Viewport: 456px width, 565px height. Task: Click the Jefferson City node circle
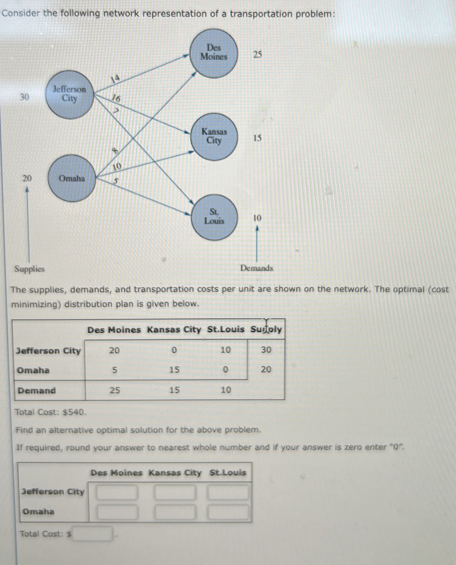click(70, 94)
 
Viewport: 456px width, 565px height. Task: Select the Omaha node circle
click(72, 178)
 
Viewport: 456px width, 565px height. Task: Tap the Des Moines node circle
click(214, 53)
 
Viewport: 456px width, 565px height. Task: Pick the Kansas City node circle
click(214, 137)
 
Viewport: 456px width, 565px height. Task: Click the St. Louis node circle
click(214, 217)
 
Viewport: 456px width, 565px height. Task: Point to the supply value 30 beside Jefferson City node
click(24, 97)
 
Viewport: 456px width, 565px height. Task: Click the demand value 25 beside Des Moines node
click(257, 55)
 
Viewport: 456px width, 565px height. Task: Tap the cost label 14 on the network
click(115, 79)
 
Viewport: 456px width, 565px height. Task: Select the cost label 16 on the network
click(116, 99)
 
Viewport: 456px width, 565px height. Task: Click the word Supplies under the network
click(30, 269)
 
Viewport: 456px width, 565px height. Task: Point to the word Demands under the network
click(257, 268)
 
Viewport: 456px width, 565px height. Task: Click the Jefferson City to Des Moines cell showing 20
click(114, 350)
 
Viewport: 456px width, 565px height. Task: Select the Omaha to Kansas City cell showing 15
click(174, 370)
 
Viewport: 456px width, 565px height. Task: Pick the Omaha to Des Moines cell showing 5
click(114, 370)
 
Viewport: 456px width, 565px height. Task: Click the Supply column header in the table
click(266, 329)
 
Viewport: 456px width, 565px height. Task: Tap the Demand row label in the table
click(37, 390)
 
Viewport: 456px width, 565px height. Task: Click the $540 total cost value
click(74, 412)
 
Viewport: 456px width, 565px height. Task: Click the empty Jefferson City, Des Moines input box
click(117, 492)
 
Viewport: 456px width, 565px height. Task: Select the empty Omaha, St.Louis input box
click(228, 512)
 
